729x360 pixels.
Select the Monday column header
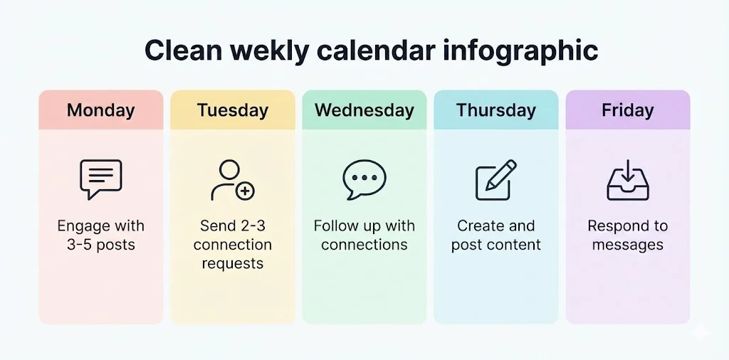[x=100, y=110]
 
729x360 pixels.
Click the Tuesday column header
[x=233, y=110]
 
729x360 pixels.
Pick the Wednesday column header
[x=364, y=110]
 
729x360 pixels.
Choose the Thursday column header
[x=496, y=110]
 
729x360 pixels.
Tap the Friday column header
[x=627, y=110]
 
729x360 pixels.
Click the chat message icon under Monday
[x=100, y=179]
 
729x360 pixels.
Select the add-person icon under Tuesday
[x=232, y=180]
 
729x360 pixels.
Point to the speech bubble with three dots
[x=364, y=179]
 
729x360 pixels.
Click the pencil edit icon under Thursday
[x=495, y=180]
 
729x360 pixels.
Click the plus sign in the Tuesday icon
[x=245, y=191]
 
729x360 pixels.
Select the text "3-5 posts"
[x=100, y=245]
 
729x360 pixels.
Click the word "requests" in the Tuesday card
[x=233, y=264]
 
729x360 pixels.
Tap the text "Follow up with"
[x=364, y=226]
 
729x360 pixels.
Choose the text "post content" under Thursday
[x=496, y=245]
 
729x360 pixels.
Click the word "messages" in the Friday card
[x=627, y=245]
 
